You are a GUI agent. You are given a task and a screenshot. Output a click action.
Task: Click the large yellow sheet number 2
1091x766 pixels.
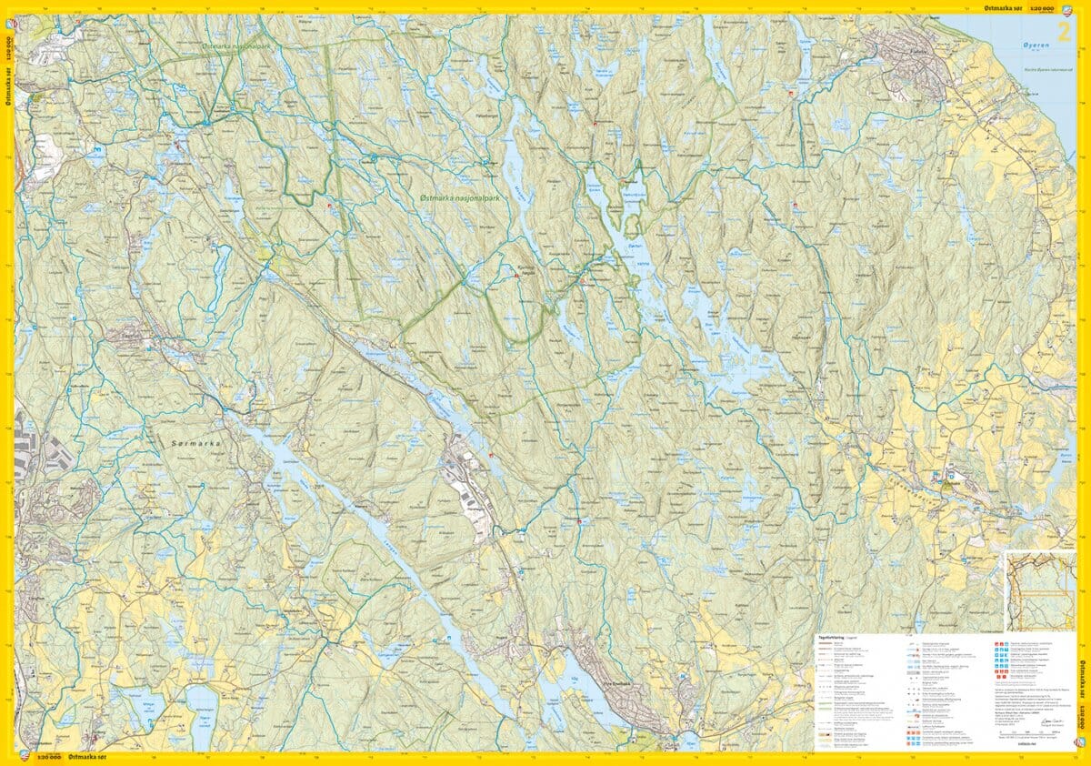pos(1062,33)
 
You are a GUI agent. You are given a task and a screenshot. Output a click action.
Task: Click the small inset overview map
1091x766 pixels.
pos(1039,590)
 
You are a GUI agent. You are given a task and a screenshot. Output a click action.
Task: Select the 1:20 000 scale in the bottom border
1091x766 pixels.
pos(48,758)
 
